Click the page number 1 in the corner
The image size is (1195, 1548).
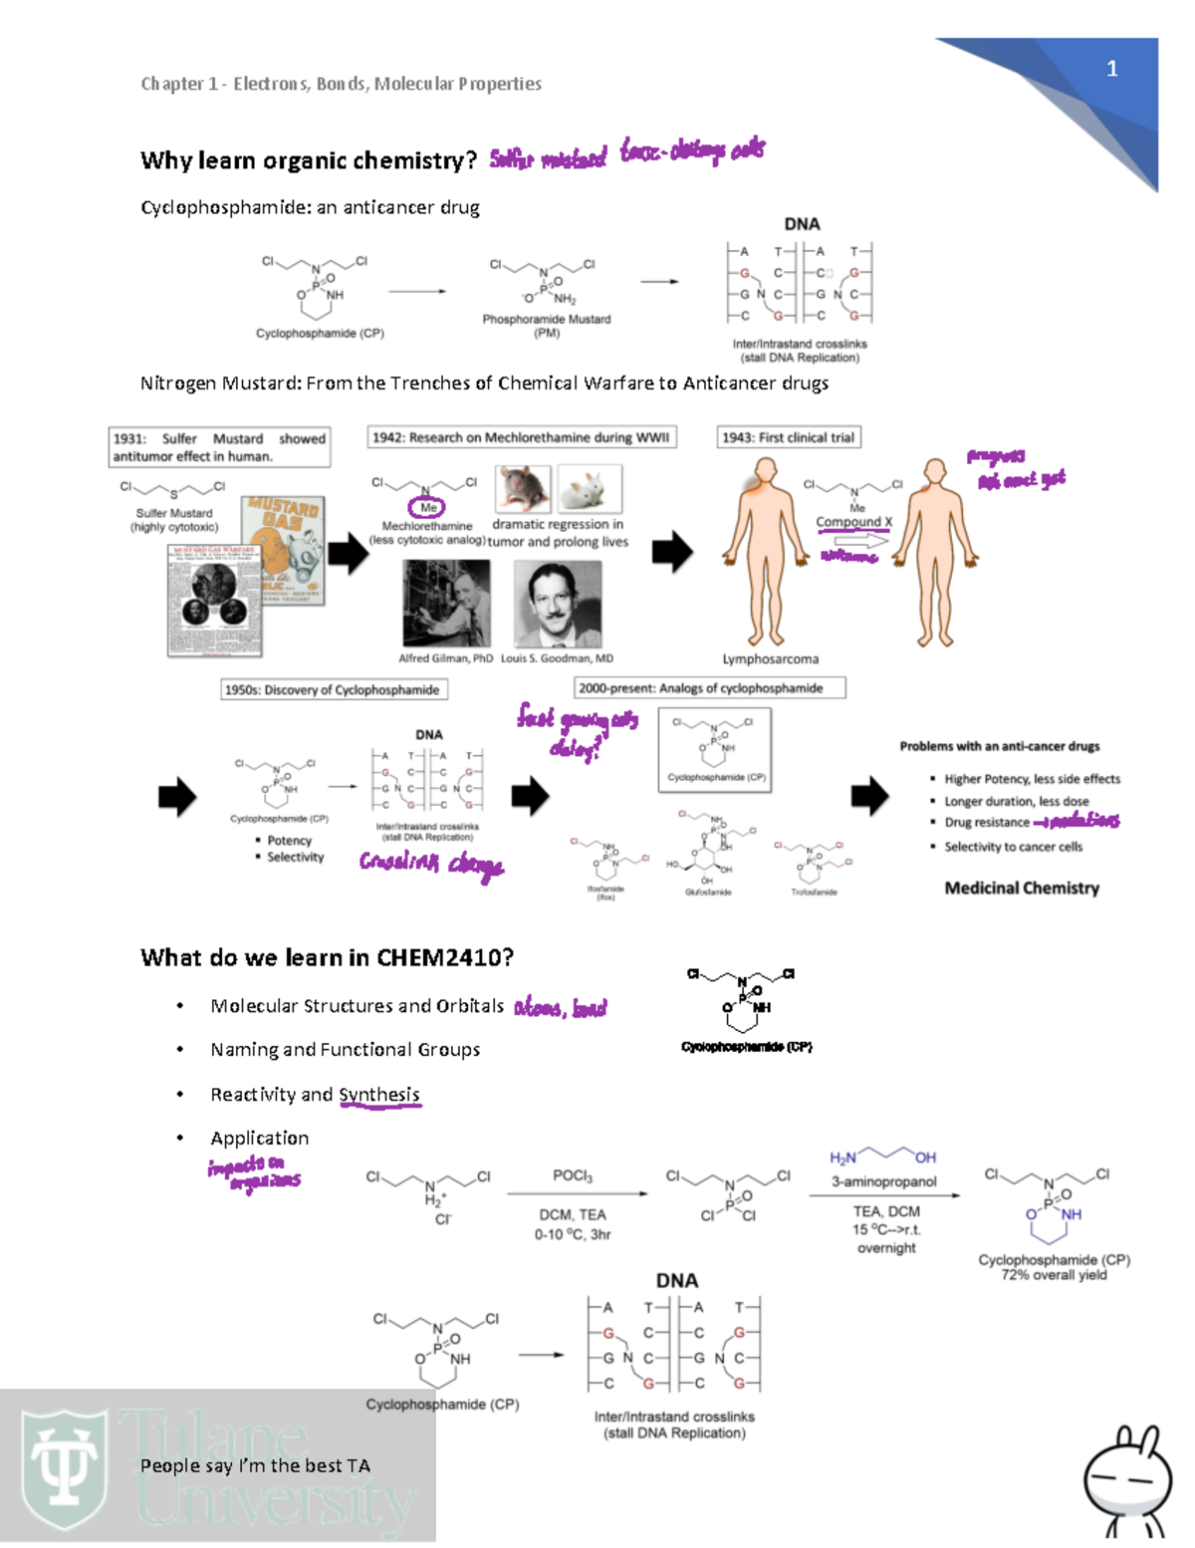(1111, 69)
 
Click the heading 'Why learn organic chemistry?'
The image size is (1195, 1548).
(309, 160)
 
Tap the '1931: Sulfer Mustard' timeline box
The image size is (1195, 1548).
(219, 447)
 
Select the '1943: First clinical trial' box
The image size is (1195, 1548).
(788, 437)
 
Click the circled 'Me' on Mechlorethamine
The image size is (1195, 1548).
(428, 507)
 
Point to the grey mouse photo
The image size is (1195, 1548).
(524, 488)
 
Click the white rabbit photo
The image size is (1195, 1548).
(590, 488)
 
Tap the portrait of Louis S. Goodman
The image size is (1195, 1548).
(557, 604)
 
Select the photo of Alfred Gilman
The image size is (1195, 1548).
(445, 604)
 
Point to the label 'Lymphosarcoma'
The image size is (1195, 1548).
(770, 658)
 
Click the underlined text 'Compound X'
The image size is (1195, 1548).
(853, 522)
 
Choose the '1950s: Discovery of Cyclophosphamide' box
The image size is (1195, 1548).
(332, 689)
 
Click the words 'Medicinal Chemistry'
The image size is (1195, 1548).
(1022, 888)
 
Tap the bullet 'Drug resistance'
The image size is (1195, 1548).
(986, 822)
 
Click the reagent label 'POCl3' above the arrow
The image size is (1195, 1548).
(573, 1175)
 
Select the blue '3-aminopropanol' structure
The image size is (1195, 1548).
(883, 1156)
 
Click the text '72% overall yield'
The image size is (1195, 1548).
(1054, 1275)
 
